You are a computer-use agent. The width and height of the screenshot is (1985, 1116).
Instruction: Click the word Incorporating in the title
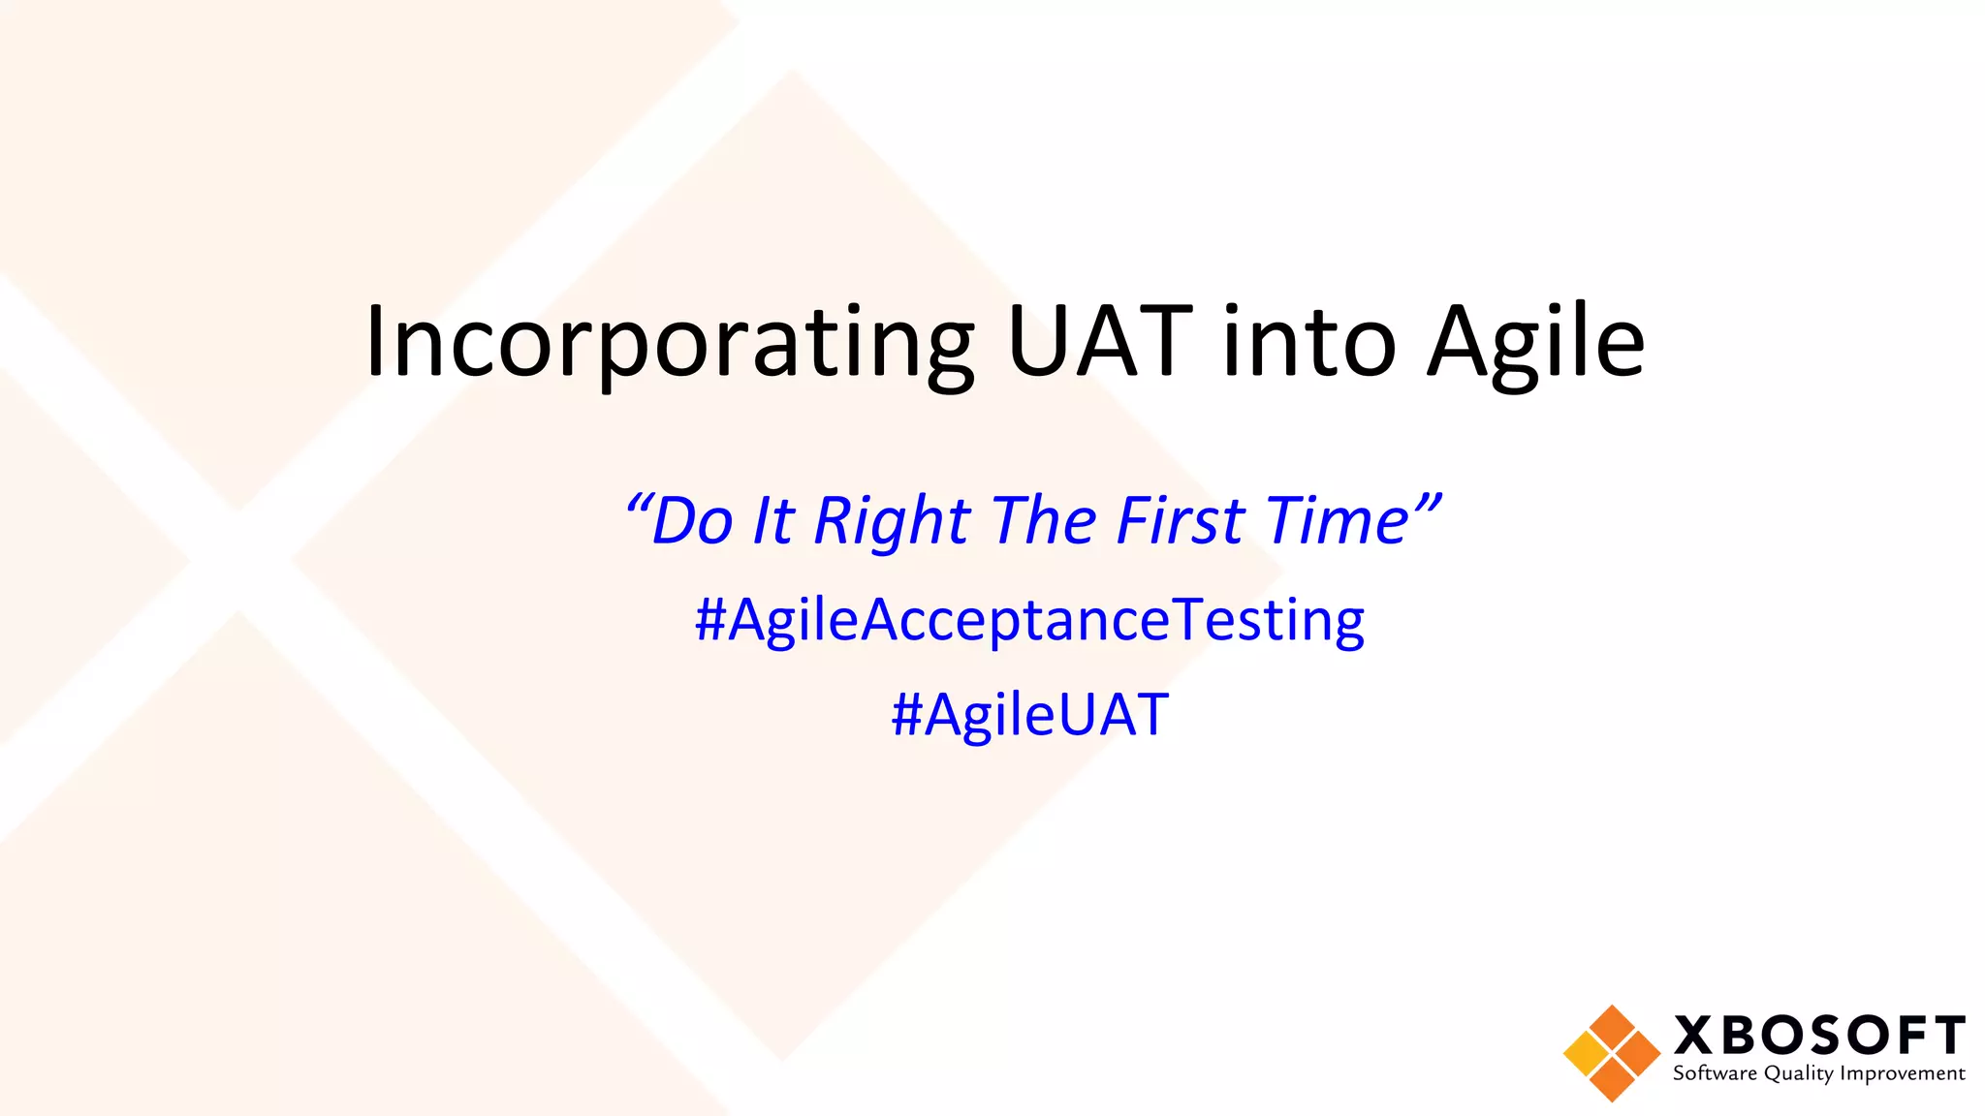[x=669, y=344]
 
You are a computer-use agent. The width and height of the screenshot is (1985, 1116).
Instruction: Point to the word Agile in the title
[x=1536, y=344]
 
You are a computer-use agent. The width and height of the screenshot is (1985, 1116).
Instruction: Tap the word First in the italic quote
[x=1180, y=521]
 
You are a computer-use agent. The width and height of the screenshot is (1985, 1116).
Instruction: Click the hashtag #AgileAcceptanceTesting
[x=1029, y=620]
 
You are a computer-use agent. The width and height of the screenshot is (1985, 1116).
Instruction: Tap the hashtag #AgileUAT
[x=1029, y=715]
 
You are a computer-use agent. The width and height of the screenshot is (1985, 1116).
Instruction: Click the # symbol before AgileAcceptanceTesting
[x=710, y=620]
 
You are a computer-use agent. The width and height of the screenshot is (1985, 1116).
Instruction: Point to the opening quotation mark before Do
[x=637, y=504]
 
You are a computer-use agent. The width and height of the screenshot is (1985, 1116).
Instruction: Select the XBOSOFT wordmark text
[x=1819, y=1036]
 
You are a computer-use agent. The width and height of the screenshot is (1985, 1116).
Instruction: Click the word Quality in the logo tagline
[x=1798, y=1073]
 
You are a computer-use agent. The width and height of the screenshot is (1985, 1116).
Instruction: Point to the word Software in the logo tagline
[x=1715, y=1073]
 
